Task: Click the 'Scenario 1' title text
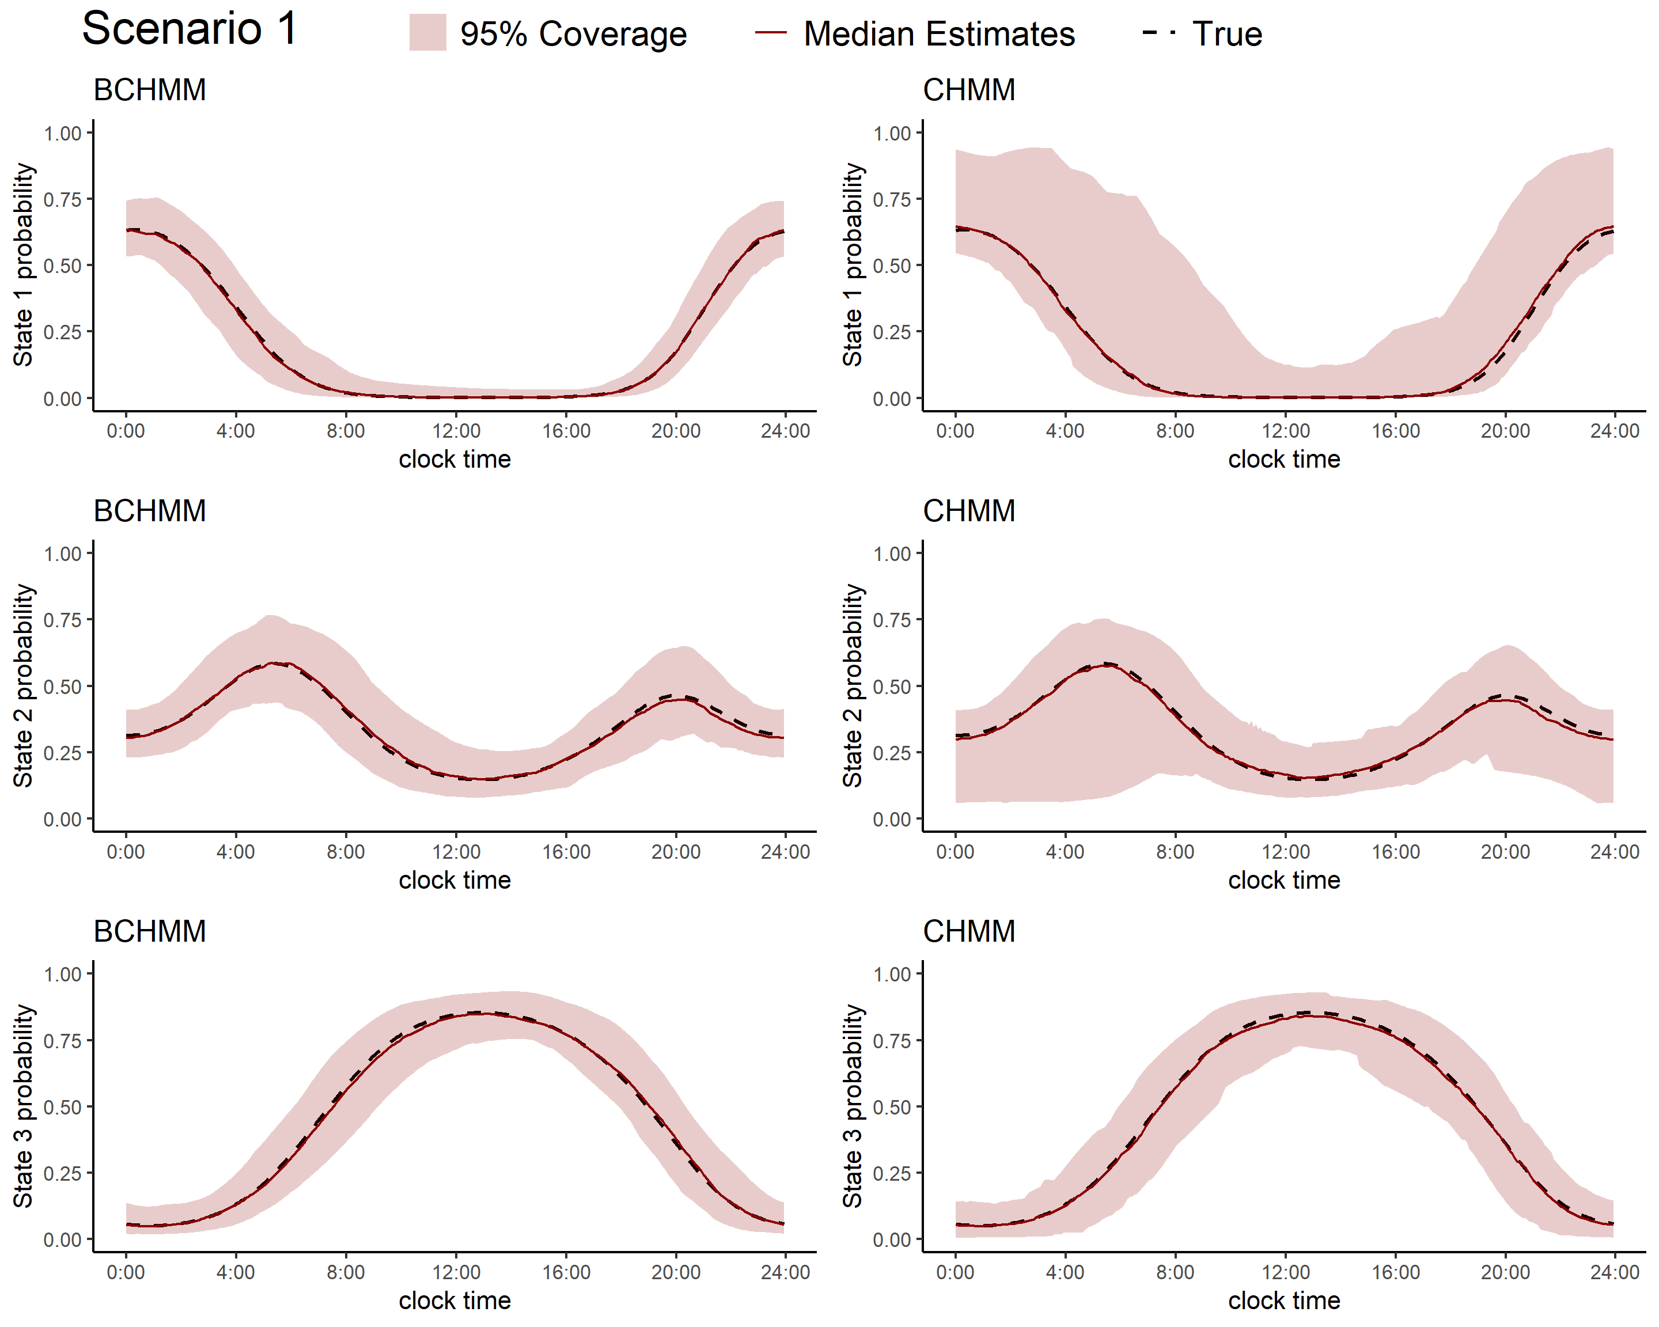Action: [190, 29]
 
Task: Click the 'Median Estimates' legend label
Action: [939, 35]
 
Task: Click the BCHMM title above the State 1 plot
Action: [149, 90]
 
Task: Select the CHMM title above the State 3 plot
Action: [969, 931]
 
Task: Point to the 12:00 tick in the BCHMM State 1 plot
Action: [456, 431]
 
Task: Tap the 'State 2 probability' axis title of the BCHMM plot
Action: [23, 685]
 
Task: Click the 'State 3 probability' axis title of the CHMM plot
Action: [853, 1106]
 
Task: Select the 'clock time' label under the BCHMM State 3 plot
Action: [454, 1300]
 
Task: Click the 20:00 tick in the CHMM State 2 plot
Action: [1505, 852]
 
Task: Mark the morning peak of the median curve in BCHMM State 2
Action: [273, 663]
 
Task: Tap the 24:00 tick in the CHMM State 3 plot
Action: [1615, 1272]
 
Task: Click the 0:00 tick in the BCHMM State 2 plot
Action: [126, 852]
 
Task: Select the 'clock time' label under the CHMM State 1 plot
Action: [1283, 459]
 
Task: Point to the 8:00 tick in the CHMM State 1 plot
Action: [1175, 431]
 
